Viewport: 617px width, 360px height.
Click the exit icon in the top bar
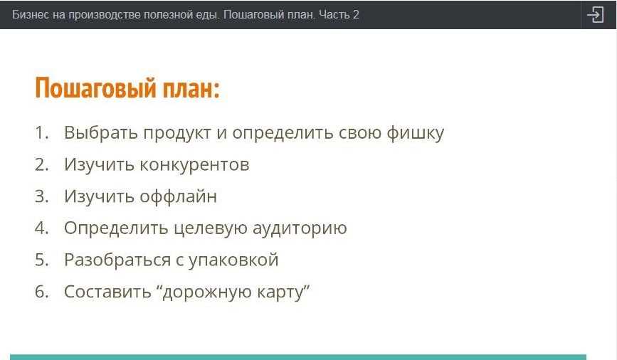[x=595, y=14]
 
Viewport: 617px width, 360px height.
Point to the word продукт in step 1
[x=184, y=133]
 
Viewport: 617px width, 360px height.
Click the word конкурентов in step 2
[x=194, y=165]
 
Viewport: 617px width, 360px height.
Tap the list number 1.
[x=41, y=133]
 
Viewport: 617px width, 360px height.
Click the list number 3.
[x=41, y=196]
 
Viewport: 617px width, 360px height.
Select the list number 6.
[x=41, y=292]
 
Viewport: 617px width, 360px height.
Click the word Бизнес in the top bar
[x=28, y=14]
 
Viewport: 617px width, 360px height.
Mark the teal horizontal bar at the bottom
[x=298, y=356]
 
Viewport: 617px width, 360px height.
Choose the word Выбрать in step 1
[x=100, y=133]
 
